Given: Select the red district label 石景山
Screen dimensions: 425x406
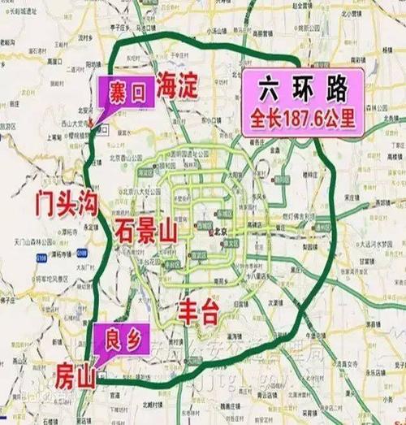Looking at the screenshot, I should (145, 228).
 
